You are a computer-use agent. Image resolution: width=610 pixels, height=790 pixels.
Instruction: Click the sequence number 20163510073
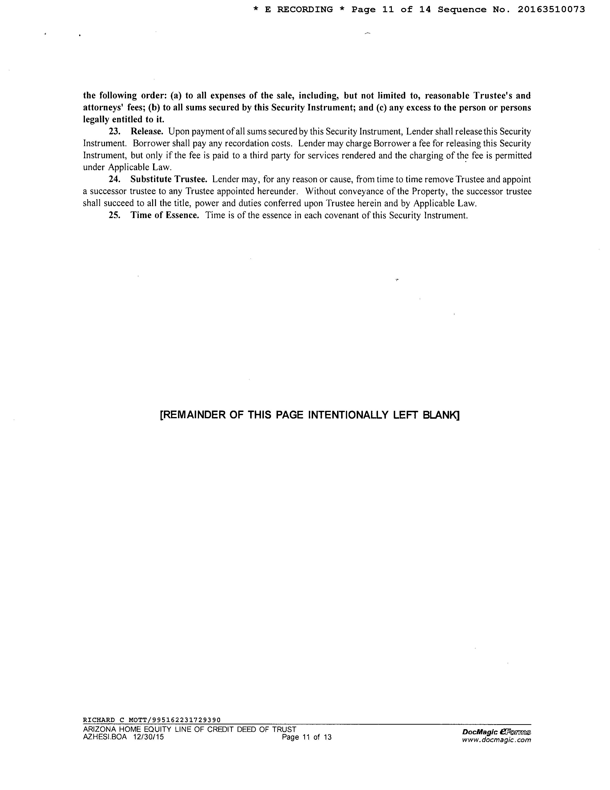[x=551, y=10]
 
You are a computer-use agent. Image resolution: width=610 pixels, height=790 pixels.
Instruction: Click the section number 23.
[x=115, y=131]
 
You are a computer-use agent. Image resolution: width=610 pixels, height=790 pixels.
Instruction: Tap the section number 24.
[x=115, y=179]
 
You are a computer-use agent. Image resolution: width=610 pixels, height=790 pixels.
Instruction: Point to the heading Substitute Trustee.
[x=169, y=179]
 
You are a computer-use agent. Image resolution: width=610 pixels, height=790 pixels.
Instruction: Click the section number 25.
[x=115, y=216]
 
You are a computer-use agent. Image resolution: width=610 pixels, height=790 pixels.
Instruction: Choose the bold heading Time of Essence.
[x=165, y=216]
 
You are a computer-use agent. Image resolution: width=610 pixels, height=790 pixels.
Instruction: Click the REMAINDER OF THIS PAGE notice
[x=309, y=415]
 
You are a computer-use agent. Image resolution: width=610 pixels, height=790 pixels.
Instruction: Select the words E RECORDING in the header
[x=299, y=10]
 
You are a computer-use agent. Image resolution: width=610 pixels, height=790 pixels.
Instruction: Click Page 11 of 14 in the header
[x=391, y=10]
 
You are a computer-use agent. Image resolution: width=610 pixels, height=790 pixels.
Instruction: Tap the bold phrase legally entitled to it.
[x=124, y=119]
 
